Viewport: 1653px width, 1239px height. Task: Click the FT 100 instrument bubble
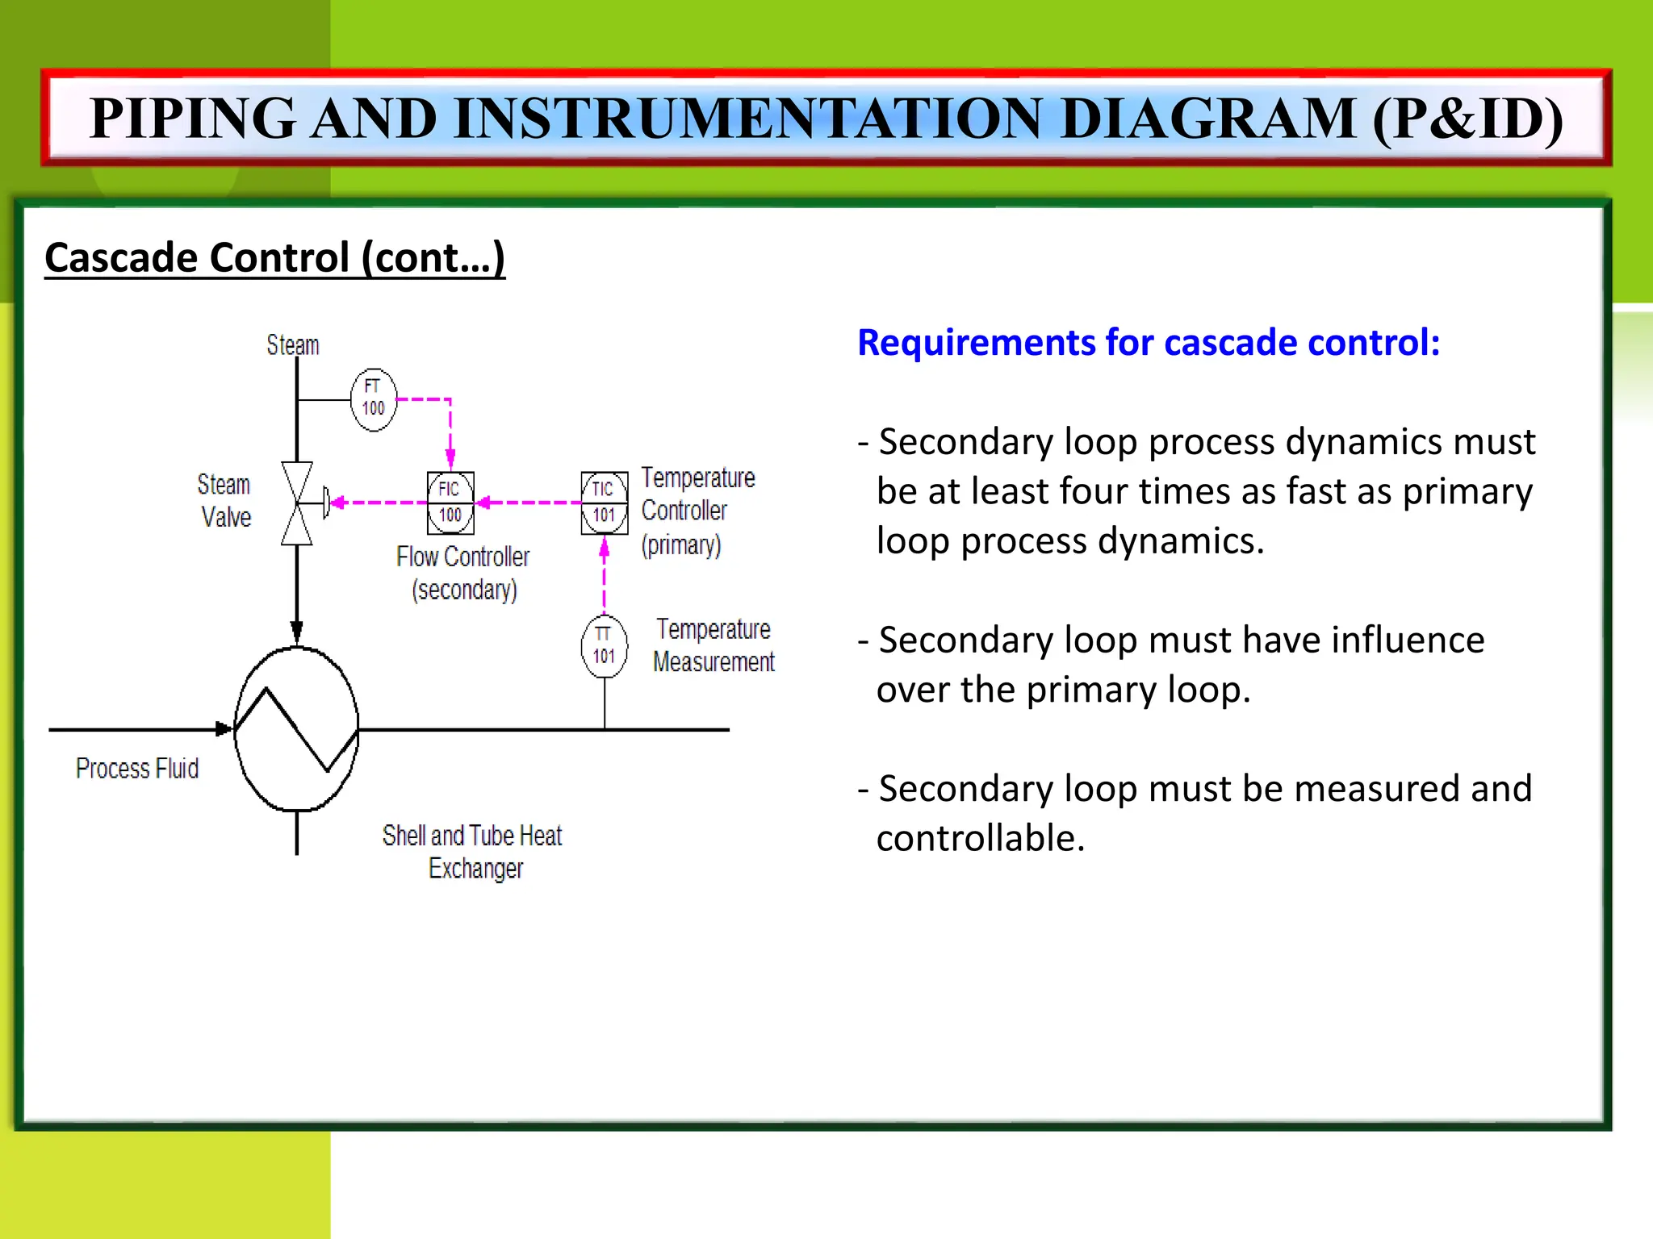pyautogui.click(x=373, y=399)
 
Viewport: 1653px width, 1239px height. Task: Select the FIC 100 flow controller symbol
pyautogui.click(x=450, y=503)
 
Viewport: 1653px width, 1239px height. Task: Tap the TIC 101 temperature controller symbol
pyautogui.click(x=604, y=503)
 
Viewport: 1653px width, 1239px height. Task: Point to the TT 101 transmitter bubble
pyautogui.click(x=604, y=645)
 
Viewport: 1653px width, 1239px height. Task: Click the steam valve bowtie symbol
pyautogui.click(x=297, y=503)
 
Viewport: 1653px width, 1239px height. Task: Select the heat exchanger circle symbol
pyautogui.click(x=296, y=729)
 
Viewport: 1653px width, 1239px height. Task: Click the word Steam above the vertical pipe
pyautogui.click(x=293, y=345)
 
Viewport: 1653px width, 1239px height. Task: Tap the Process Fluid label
pyautogui.click(x=137, y=768)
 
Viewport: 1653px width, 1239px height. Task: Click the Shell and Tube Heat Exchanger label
pyautogui.click(x=473, y=851)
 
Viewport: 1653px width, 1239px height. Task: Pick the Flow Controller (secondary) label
pyautogui.click(x=463, y=573)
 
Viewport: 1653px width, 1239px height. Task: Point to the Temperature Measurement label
pyautogui.click(x=714, y=645)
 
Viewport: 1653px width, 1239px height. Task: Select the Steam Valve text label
pyautogui.click(x=225, y=500)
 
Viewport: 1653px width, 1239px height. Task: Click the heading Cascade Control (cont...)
pyautogui.click(x=274, y=258)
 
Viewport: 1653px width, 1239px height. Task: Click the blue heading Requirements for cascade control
pyautogui.click(x=1149, y=342)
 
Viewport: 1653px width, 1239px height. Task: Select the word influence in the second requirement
pyautogui.click(x=1408, y=640)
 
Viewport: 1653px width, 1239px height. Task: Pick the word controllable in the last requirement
pyautogui.click(x=981, y=838)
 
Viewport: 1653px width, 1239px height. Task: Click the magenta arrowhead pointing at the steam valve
pyautogui.click(x=337, y=503)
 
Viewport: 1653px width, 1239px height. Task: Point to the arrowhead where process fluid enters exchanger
pyautogui.click(x=224, y=729)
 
